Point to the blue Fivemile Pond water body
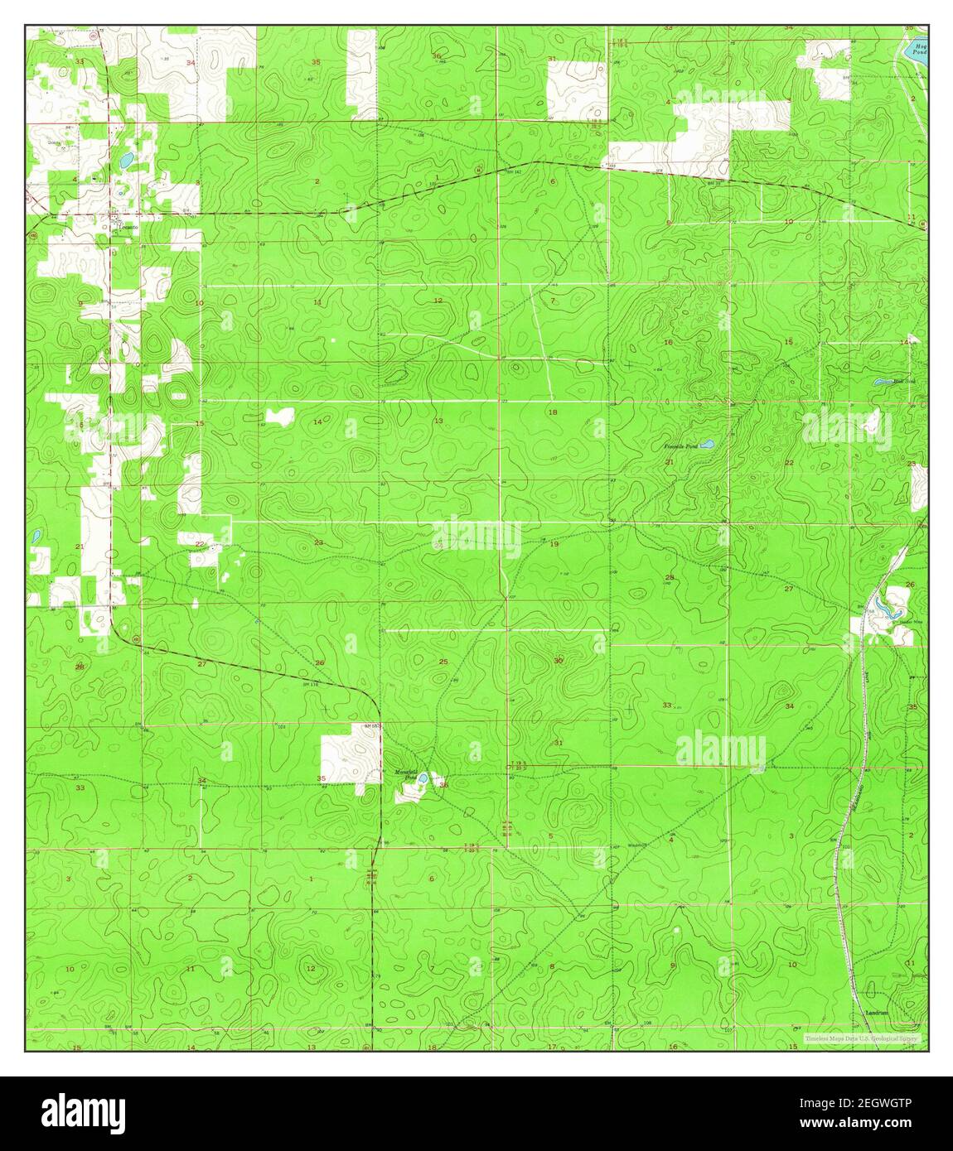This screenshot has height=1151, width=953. (x=706, y=445)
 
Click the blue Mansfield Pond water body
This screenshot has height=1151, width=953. (x=422, y=778)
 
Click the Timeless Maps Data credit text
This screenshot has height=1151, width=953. (x=861, y=1038)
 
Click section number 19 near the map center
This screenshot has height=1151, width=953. (x=554, y=543)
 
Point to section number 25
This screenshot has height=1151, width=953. (x=443, y=662)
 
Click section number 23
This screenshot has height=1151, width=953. (x=318, y=542)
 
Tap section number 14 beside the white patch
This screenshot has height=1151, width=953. (x=317, y=422)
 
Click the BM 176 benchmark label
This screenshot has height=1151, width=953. (x=311, y=684)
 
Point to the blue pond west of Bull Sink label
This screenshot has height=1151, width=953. (x=882, y=382)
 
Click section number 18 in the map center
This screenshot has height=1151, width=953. (x=553, y=412)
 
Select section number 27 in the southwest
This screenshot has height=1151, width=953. (x=201, y=664)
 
